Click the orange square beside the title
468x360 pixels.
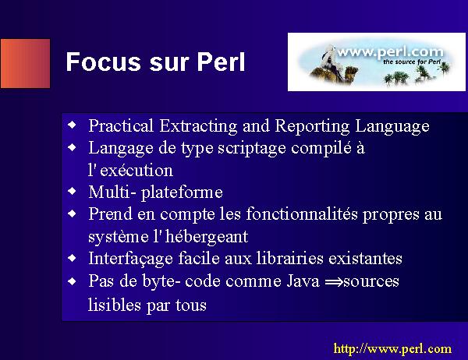pos(26,63)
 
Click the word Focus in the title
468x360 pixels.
pos(103,62)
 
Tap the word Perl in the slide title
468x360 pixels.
pos(222,62)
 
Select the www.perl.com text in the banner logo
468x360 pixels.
pos(391,52)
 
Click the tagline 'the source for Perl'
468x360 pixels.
pos(412,62)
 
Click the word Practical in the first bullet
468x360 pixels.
pos(121,125)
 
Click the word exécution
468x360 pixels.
pos(136,171)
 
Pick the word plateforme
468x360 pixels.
pos(182,192)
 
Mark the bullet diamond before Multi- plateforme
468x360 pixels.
pos(73,191)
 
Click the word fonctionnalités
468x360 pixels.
pos(302,214)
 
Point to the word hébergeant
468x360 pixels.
pos(207,237)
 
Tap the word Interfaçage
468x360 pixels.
pos(130,258)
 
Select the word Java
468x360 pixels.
pos(303,281)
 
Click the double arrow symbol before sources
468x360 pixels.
pos(334,282)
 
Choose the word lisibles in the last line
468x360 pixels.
pos(115,305)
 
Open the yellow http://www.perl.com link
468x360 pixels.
pos(392,348)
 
